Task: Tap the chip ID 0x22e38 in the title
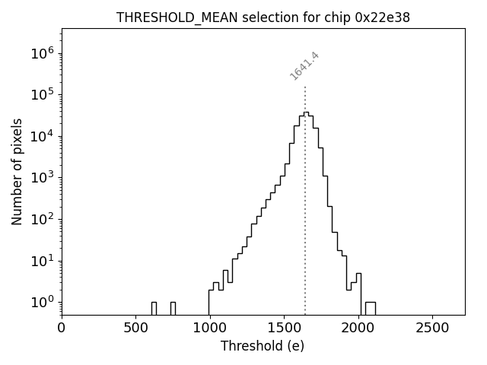coord(383,17)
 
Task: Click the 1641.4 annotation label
coord(304,65)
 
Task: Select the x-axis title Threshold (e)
coord(263,346)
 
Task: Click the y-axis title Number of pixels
coord(17,172)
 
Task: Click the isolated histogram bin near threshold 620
coord(154,308)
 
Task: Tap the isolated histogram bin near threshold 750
coord(173,308)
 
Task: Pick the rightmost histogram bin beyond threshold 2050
coord(370,308)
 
